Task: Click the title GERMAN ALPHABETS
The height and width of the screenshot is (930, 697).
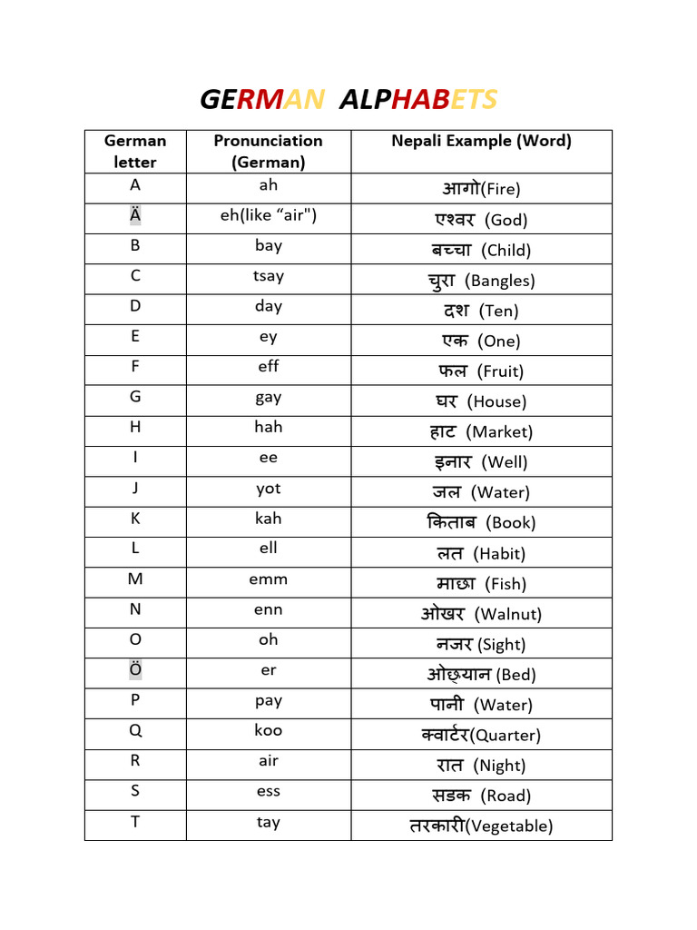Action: (x=348, y=99)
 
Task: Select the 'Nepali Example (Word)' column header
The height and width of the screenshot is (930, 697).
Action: (x=481, y=141)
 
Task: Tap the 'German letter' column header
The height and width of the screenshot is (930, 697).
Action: (x=135, y=152)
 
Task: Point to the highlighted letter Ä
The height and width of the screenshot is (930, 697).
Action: (x=135, y=215)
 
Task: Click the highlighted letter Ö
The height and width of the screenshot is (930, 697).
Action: (x=135, y=670)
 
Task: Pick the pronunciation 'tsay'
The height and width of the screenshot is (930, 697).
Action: (x=269, y=276)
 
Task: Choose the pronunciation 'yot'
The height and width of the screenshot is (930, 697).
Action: (x=269, y=489)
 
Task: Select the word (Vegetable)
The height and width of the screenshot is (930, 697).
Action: (x=512, y=826)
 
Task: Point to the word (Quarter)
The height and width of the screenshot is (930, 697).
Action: (x=507, y=736)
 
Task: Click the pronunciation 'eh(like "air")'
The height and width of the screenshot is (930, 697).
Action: (x=269, y=215)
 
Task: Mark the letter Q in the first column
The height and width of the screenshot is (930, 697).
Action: (x=135, y=730)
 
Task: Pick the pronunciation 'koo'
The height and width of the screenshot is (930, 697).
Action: (x=269, y=730)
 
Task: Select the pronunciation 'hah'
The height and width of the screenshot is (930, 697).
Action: (x=269, y=427)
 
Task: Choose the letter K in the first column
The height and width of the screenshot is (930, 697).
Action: (x=135, y=519)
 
